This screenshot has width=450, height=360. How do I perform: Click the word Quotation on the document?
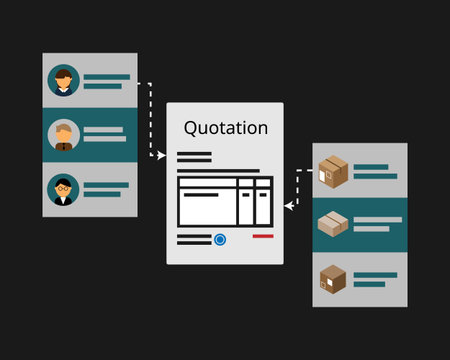tap(225, 128)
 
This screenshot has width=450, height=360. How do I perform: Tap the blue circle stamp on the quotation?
tap(220, 240)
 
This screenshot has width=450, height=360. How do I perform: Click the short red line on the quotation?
tap(263, 237)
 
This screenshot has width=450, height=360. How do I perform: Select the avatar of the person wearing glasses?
tap(65, 188)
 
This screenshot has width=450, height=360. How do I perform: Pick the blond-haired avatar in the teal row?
tap(65, 134)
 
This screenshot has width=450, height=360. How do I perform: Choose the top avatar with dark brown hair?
tap(65, 80)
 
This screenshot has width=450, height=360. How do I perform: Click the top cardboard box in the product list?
tap(333, 171)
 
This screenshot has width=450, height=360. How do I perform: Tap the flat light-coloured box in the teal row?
tap(333, 224)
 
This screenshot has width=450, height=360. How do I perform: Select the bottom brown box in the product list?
tap(333, 278)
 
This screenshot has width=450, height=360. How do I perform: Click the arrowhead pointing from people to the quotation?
tap(161, 155)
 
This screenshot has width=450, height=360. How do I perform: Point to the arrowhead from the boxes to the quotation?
tap(288, 206)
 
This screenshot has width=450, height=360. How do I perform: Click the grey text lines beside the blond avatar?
tap(106, 134)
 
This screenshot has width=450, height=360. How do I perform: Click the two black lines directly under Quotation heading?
tap(194, 159)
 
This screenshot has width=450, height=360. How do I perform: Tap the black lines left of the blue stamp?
tap(194, 240)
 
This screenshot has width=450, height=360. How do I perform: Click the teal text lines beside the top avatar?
tap(106, 80)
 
